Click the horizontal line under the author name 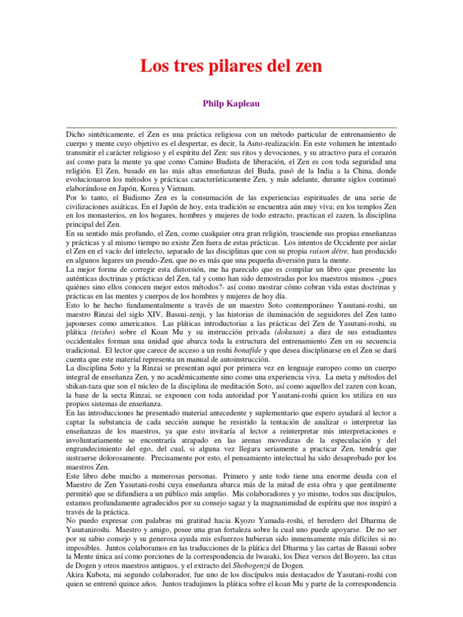click(231, 127)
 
